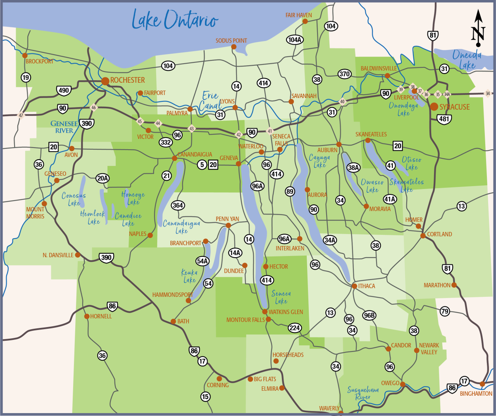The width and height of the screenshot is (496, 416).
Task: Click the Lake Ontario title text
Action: [174, 19]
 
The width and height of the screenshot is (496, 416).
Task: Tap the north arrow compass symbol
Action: [478, 28]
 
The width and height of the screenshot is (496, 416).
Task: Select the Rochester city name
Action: [127, 80]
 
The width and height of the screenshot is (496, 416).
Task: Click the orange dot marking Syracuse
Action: [434, 107]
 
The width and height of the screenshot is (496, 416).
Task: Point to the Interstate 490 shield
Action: [64, 90]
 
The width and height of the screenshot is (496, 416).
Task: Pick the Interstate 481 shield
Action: [444, 119]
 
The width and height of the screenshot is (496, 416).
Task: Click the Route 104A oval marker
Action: [295, 40]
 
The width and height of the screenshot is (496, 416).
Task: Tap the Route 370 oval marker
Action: [344, 74]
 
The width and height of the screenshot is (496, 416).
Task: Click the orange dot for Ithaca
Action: [354, 286]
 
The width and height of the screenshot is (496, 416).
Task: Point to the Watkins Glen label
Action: [286, 312]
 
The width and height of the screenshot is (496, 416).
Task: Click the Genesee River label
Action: [62, 127]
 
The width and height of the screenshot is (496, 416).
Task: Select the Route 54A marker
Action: [203, 261]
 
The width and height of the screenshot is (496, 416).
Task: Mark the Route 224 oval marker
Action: [295, 328]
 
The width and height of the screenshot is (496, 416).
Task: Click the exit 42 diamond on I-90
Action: [238, 134]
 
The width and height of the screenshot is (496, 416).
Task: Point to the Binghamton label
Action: [476, 394]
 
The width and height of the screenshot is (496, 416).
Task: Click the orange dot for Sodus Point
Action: [234, 47]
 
